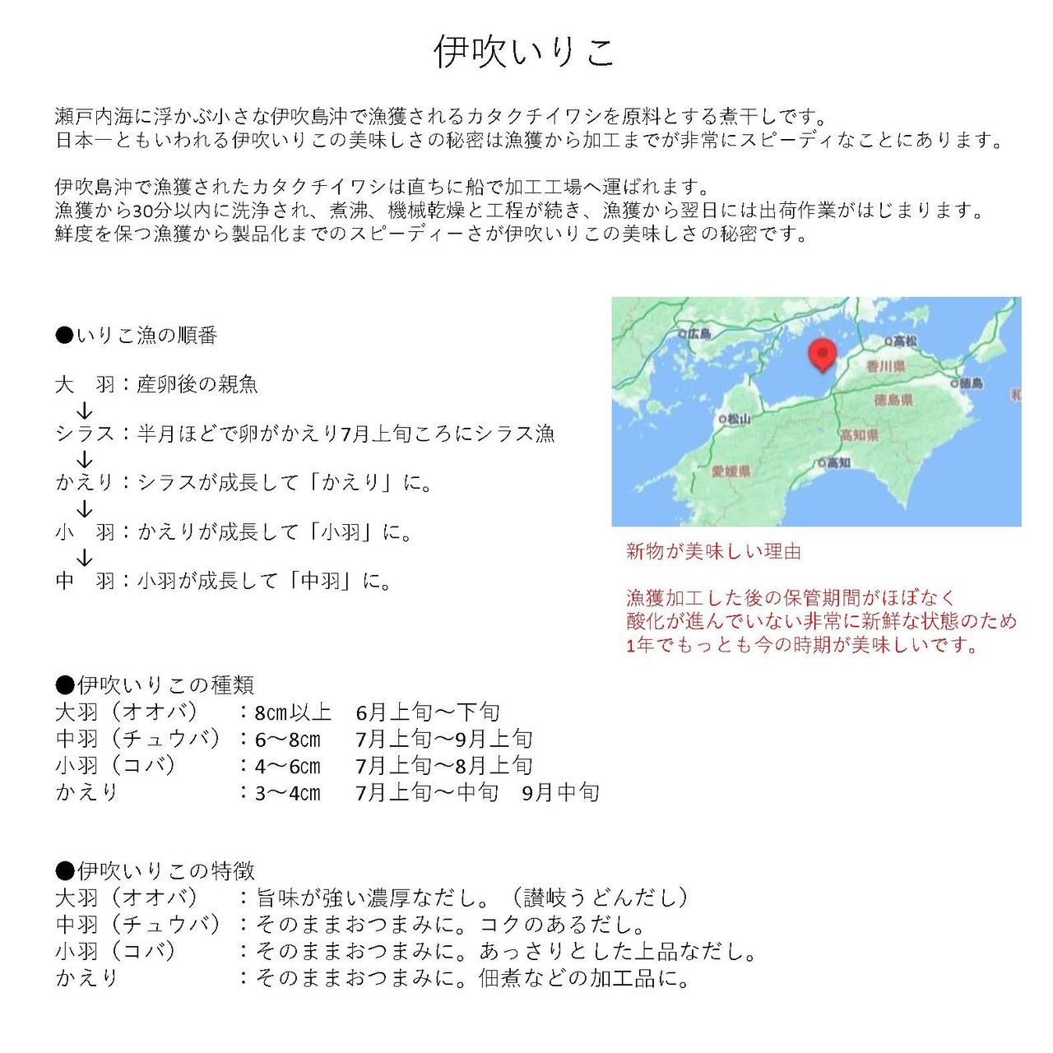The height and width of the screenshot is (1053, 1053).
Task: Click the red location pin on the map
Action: click(x=822, y=355)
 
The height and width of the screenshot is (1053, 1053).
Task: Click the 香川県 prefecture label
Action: click(x=885, y=366)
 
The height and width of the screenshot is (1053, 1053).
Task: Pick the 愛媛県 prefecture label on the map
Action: click(x=731, y=471)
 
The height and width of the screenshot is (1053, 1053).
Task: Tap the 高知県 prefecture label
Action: click(x=859, y=434)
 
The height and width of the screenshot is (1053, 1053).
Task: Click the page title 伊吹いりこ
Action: click(x=525, y=51)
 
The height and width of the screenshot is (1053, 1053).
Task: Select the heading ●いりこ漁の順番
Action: click(x=137, y=336)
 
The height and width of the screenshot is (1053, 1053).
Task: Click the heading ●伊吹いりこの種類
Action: click(x=155, y=684)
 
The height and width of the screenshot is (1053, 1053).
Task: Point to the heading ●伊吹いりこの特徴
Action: click(x=155, y=870)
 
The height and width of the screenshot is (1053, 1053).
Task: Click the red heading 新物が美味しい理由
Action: click(x=713, y=551)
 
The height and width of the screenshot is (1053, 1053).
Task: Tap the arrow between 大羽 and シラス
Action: click(x=84, y=410)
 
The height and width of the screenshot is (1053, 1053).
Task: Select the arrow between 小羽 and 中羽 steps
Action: click(x=84, y=557)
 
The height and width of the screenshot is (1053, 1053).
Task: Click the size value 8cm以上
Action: click(x=293, y=712)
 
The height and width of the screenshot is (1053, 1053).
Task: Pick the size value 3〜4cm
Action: click(x=288, y=793)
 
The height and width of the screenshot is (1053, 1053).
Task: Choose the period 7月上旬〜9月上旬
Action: click(x=444, y=740)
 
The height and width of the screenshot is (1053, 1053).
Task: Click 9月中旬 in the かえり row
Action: click(x=561, y=793)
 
